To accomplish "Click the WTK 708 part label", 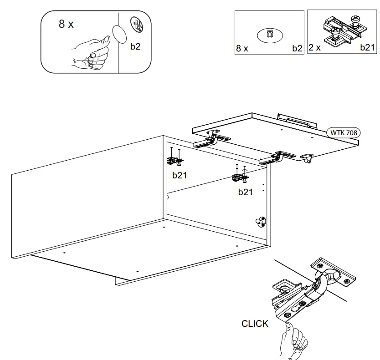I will point(344,133).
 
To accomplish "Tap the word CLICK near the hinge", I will point(255,324).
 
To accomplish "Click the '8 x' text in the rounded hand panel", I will point(66,24).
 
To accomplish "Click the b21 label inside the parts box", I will point(367,47).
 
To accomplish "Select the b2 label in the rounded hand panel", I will point(135,46).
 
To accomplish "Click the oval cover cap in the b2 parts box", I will point(270,35).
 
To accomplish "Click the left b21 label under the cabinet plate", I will point(180,175).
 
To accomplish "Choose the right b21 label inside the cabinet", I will point(245,192).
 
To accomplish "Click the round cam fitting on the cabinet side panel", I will point(261,221).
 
